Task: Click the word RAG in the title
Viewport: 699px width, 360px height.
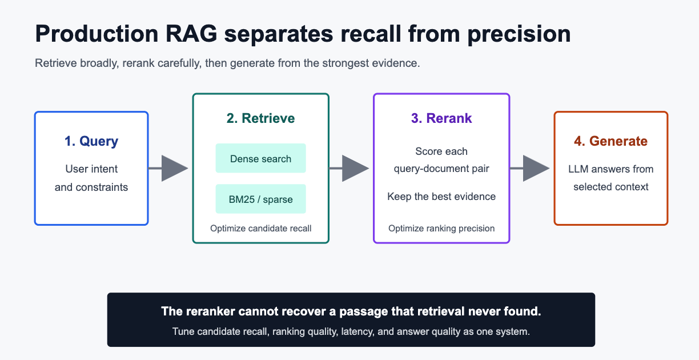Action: pos(191,33)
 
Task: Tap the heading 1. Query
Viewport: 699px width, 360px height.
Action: pos(91,141)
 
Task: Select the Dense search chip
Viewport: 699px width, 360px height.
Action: pos(260,158)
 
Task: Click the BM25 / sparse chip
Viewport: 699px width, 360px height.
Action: pos(260,199)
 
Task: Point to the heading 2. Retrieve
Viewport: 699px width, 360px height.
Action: pos(260,118)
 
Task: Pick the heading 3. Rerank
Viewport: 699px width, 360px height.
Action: pos(441,118)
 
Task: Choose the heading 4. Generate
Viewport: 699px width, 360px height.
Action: pos(610,141)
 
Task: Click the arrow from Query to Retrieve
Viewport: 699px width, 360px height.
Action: pos(168,169)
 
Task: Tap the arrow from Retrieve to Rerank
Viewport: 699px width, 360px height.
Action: pos(349,169)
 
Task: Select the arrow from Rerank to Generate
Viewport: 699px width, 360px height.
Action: pos(529,169)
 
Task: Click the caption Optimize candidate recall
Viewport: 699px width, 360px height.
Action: pos(260,229)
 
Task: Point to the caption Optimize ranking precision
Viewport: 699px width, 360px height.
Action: pos(441,229)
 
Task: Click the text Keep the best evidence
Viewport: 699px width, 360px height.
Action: pos(441,197)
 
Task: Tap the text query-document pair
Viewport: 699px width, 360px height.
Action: pos(441,169)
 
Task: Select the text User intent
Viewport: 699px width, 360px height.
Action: pos(91,169)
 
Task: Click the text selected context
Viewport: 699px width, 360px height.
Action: pos(610,187)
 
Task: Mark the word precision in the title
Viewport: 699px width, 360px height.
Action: pos(519,34)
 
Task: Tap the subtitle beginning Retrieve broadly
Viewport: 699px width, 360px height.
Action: pos(227,63)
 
